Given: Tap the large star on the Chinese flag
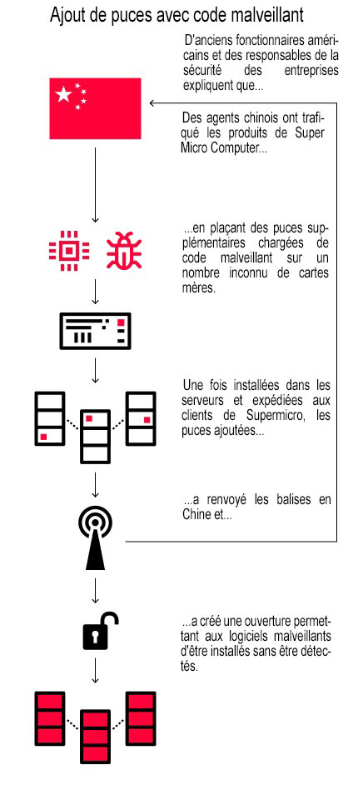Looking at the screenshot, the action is [63, 94].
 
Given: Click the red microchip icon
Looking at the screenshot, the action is [69, 251].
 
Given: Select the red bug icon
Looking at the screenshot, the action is [124, 250].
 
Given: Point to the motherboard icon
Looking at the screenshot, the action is [95, 331].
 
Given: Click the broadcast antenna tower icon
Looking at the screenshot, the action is [95, 541].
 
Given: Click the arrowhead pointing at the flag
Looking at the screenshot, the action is [152, 103].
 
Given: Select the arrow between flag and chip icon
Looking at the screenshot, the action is [95, 185].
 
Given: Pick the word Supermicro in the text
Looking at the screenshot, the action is [278, 415].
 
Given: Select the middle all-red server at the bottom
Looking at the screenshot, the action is [95, 736].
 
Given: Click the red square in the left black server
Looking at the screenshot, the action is [43, 437].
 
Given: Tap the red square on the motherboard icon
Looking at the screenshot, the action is [121, 322].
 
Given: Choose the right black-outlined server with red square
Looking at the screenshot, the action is [141, 418].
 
